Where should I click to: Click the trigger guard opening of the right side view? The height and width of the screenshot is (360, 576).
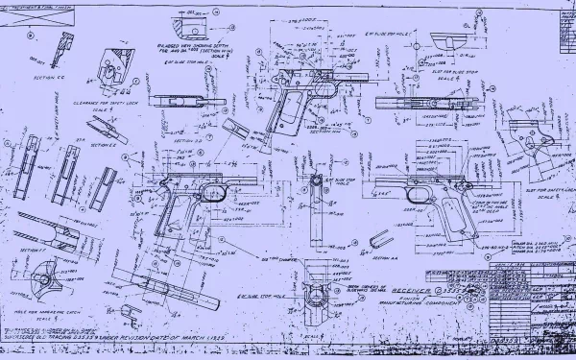(x=417, y=196)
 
